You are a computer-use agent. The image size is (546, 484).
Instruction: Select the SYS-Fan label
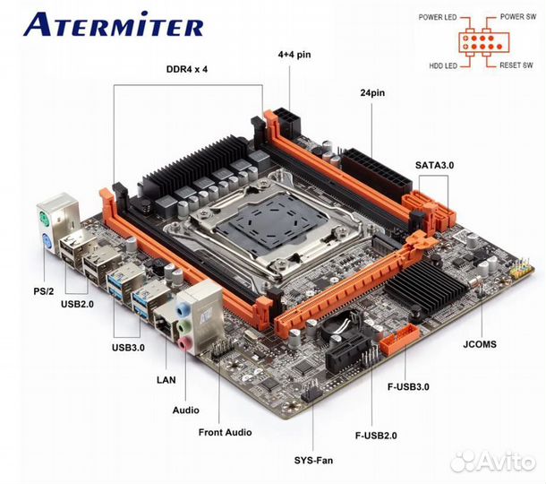313,460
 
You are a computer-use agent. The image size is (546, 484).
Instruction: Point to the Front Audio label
225,432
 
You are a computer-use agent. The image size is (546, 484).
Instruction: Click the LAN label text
166,379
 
